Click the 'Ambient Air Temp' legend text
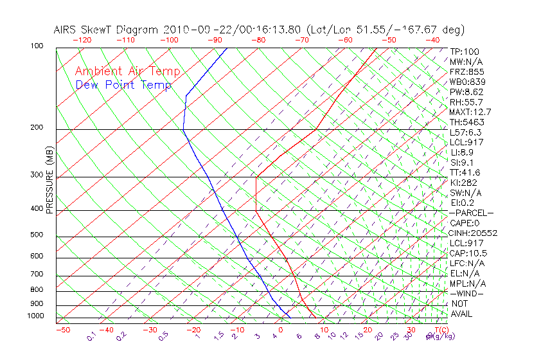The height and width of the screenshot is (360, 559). coord(127,71)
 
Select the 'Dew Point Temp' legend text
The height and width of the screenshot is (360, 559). coord(123,85)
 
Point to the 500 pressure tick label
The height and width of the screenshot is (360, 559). coord(37,235)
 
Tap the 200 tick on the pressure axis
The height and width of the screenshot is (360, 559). coord(37,128)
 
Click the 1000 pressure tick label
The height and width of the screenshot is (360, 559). coord(36,316)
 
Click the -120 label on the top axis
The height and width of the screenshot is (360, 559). coord(82,40)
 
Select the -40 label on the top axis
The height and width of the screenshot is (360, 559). coord(433,40)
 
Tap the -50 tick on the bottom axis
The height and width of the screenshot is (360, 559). coord(62,330)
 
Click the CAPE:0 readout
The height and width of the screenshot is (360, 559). coord(465,223)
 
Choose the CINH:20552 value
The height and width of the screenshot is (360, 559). coord(474,233)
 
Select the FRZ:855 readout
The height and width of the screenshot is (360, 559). coord(467,72)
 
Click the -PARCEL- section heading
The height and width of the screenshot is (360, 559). coord(472,213)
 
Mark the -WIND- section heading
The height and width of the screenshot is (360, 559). coord(467,293)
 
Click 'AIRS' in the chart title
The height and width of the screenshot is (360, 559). coord(66,30)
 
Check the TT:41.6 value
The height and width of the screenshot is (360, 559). coord(465,172)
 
